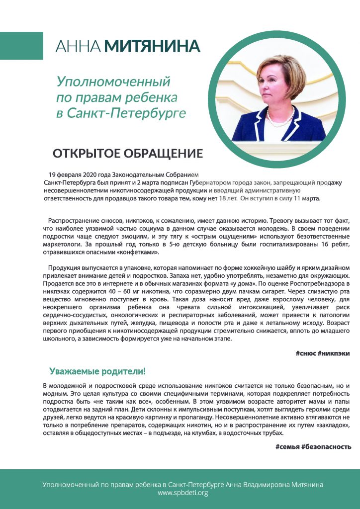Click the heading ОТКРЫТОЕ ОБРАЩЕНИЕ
coord(128,152)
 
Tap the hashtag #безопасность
coord(326,447)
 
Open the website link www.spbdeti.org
coord(182,493)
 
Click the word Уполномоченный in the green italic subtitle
coord(113,81)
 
